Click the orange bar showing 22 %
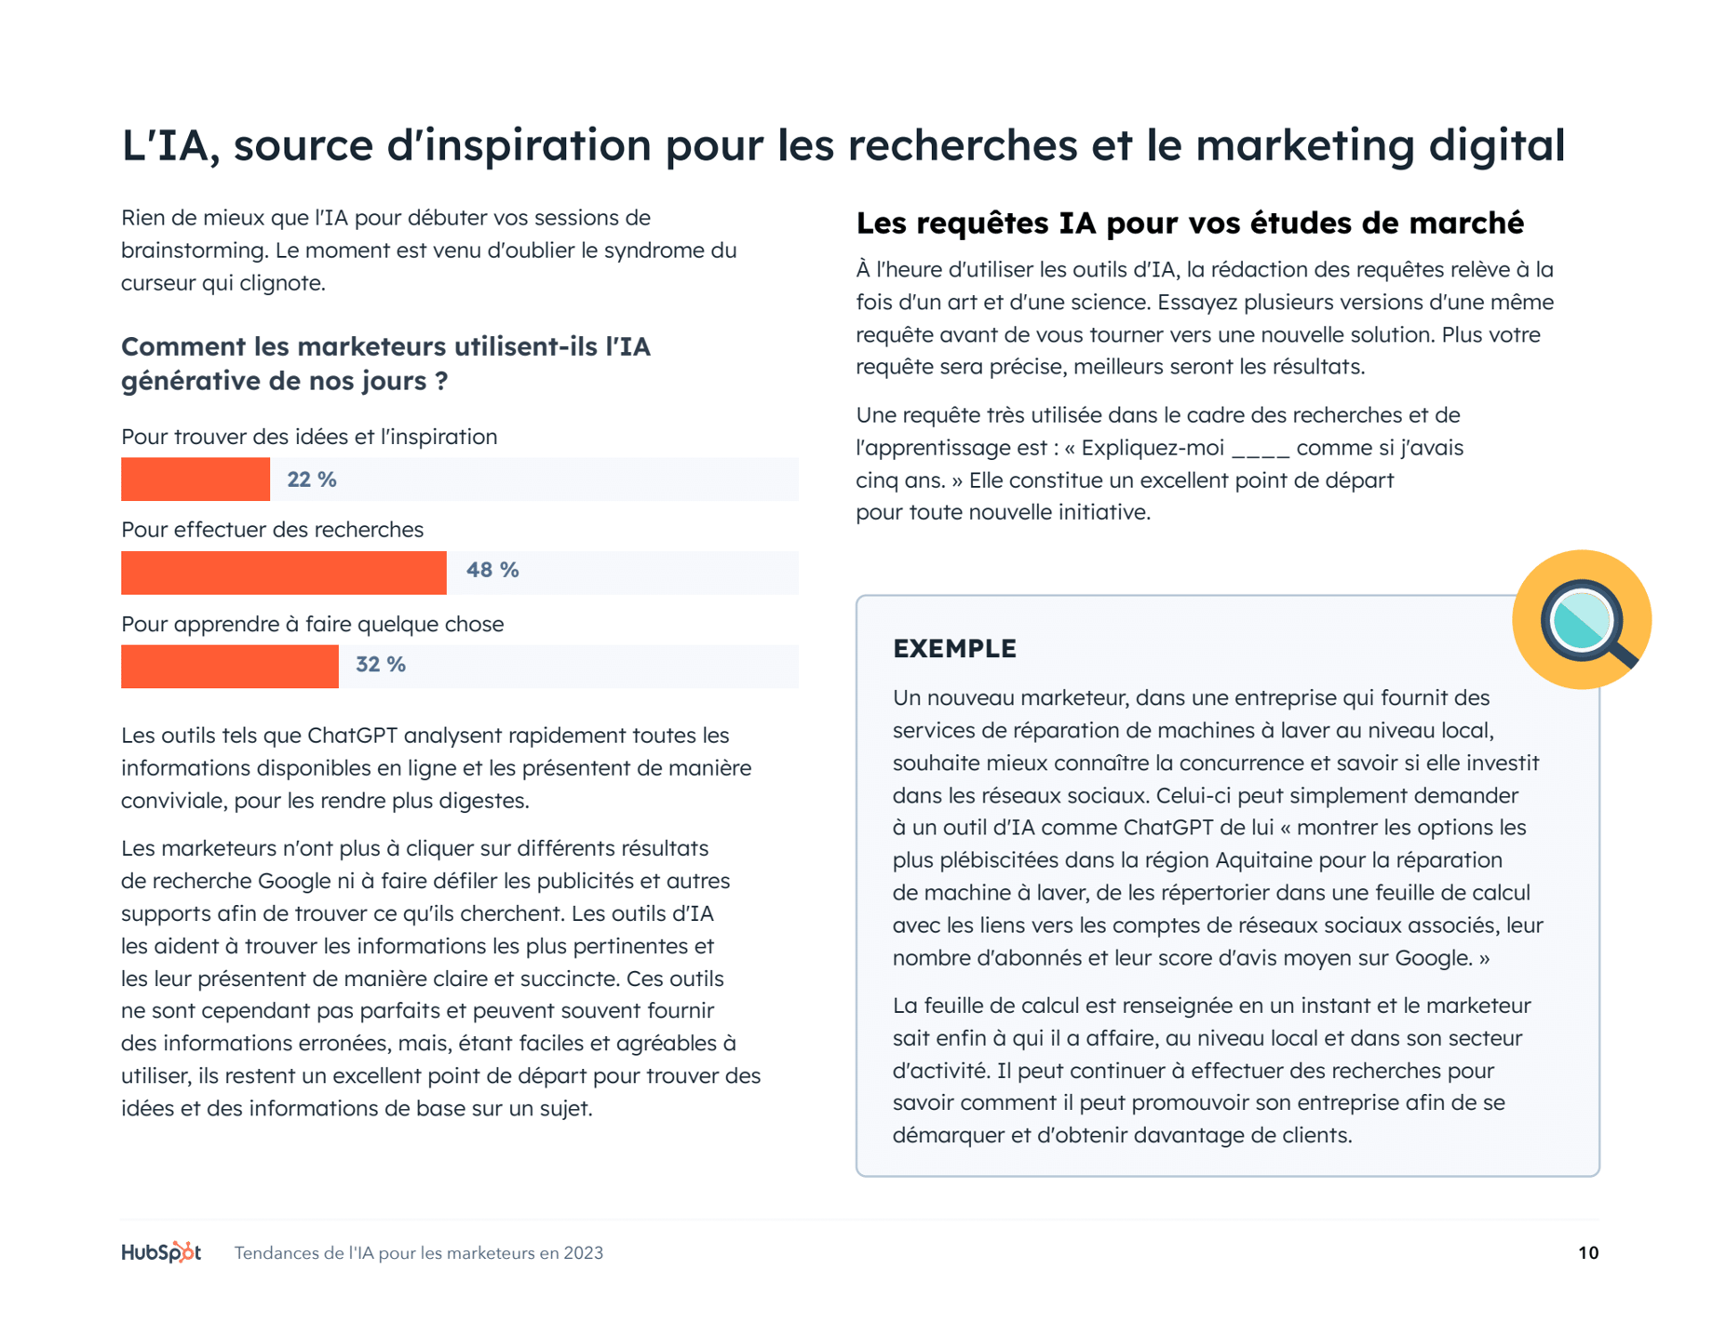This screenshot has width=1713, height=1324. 196,480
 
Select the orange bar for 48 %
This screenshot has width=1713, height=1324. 284,573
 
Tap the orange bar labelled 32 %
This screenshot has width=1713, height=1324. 230,667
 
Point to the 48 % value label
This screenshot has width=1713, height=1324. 492,570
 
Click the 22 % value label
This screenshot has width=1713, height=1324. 312,480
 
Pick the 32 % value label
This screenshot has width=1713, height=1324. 381,665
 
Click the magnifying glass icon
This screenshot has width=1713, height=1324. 1582,620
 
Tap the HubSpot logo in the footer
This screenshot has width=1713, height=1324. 161,1252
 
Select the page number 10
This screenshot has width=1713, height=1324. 1588,1253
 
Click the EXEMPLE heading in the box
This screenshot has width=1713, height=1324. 954,649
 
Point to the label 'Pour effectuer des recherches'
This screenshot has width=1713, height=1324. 272,530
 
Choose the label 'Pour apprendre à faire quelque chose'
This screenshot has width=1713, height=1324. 312,624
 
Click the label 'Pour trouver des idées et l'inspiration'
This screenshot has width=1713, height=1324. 309,437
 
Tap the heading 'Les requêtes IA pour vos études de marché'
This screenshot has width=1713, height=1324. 1190,223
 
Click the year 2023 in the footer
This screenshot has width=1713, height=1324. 583,1253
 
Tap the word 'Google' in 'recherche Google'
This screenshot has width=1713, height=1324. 293,881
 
